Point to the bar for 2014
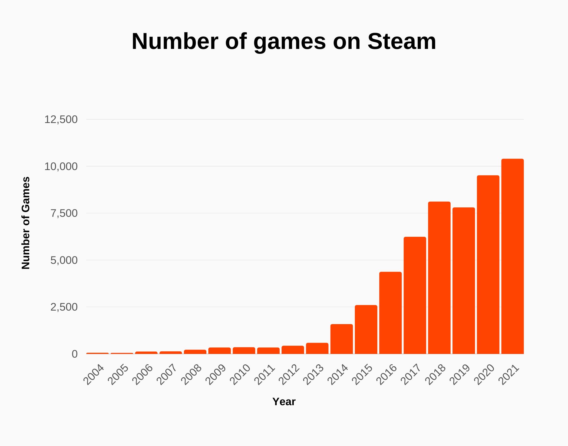(x=341, y=339)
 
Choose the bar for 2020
(x=488, y=265)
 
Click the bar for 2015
(x=366, y=329)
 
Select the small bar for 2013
(x=317, y=348)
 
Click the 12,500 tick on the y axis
(x=61, y=119)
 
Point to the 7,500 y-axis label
(x=64, y=213)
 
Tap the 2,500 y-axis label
(x=64, y=307)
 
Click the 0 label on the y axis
(x=74, y=354)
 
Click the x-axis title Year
(x=284, y=402)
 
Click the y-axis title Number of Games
(x=26, y=223)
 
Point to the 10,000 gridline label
(x=61, y=167)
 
